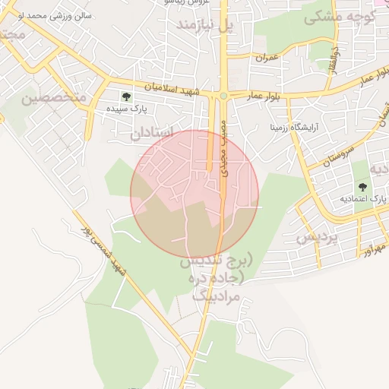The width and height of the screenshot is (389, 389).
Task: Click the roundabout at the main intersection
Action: [223, 95]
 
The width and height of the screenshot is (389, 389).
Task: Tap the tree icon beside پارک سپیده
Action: [126, 96]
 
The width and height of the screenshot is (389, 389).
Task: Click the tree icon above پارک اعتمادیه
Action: [362, 187]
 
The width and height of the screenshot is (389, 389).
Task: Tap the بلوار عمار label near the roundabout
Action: [264, 96]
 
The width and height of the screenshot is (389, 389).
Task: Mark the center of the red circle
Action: [194, 194]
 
